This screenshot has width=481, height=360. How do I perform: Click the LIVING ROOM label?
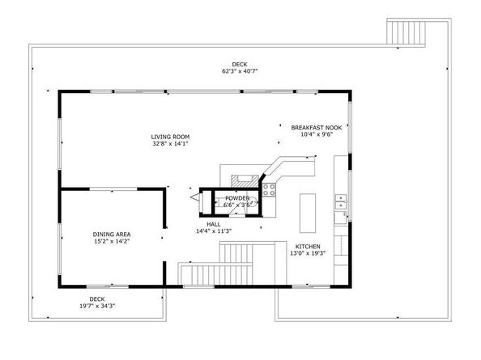(x=170, y=137)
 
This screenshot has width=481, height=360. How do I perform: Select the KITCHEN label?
(x=307, y=247)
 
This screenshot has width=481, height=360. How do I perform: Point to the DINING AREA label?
(x=111, y=234)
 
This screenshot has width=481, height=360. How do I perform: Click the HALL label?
(x=214, y=224)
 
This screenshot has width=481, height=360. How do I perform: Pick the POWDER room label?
(x=237, y=198)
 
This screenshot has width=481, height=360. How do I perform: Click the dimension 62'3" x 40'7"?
(x=240, y=71)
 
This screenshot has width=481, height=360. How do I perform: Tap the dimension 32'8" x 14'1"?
(x=170, y=145)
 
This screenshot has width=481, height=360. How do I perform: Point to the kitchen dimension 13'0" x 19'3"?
(x=307, y=254)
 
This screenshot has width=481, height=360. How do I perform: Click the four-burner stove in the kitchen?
(x=270, y=191)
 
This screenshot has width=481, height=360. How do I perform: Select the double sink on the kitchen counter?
(x=342, y=201)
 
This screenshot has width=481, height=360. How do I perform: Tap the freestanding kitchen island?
(x=308, y=211)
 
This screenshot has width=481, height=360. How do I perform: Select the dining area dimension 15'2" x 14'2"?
(x=111, y=241)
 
